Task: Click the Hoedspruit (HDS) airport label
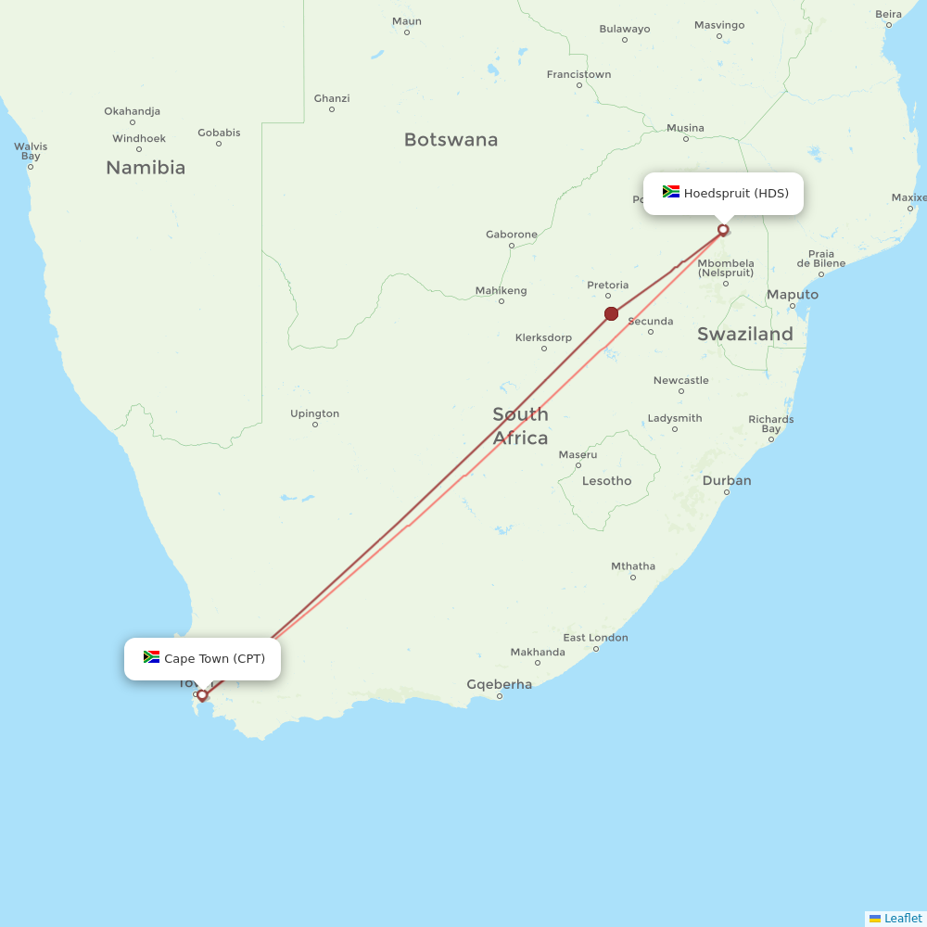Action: [x=736, y=193]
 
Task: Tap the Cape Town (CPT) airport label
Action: [x=214, y=659]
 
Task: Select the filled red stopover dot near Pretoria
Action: [x=611, y=313]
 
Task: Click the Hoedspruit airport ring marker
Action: [x=723, y=230]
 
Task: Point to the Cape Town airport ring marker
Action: [x=202, y=695]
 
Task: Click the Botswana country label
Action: [x=451, y=140]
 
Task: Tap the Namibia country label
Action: [x=146, y=168]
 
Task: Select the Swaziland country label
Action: [x=745, y=334]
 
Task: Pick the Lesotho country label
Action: [x=606, y=481]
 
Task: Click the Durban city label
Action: [x=727, y=480]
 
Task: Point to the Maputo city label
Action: [x=792, y=295]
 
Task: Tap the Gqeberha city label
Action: [x=499, y=684]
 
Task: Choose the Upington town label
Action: [x=314, y=413]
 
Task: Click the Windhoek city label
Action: [x=139, y=139]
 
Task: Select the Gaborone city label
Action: [x=511, y=235]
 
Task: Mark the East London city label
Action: [x=595, y=638]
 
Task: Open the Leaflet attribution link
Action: [x=902, y=918]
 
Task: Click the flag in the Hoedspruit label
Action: [x=671, y=192]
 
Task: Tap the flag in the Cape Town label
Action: [x=151, y=657]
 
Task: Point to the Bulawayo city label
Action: [x=624, y=29]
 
